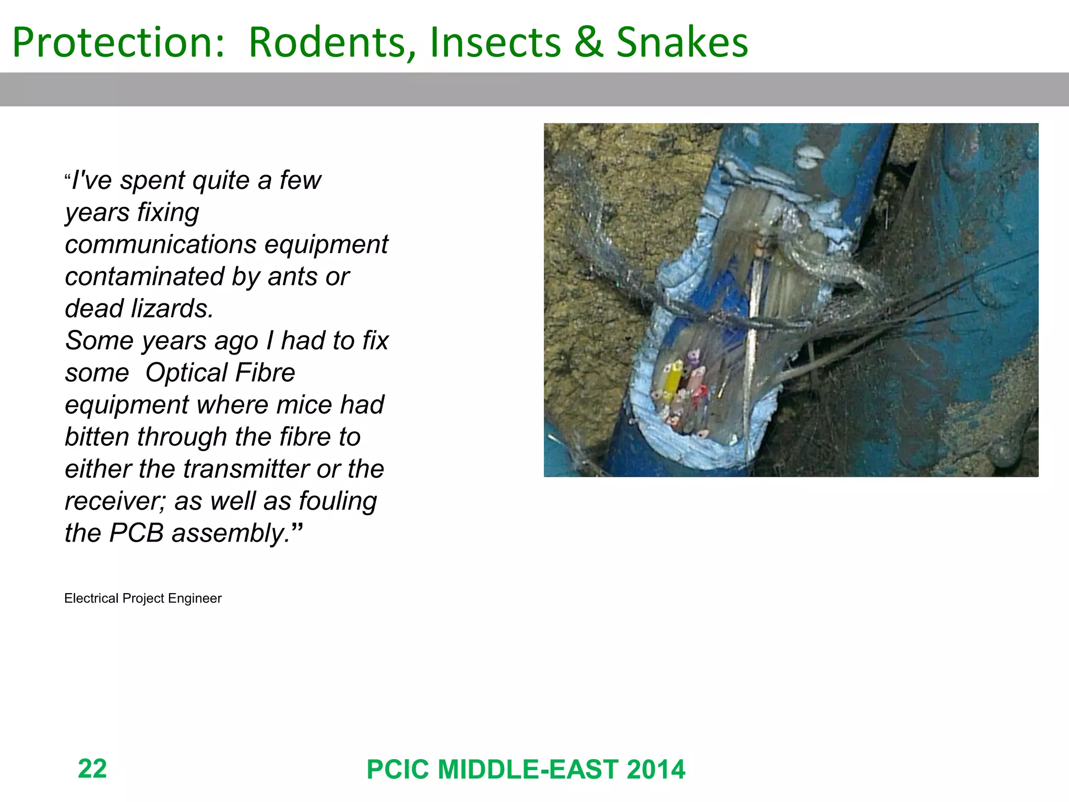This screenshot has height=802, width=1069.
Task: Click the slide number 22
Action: (x=92, y=768)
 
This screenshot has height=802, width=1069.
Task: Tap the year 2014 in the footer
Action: (x=656, y=769)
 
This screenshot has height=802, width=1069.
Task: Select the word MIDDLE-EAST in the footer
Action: (x=528, y=769)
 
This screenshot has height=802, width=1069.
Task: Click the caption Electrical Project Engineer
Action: (x=142, y=598)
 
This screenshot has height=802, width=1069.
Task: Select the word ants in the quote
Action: (x=291, y=276)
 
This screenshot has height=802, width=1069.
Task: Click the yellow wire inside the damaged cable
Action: (x=672, y=381)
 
